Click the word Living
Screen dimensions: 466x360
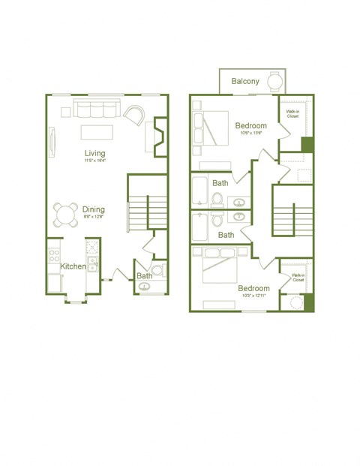click(x=94, y=153)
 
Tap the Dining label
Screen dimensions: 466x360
click(x=94, y=209)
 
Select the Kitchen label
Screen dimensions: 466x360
click(x=73, y=266)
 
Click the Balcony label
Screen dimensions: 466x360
click(x=245, y=81)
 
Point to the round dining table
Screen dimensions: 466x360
click(x=65, y=215)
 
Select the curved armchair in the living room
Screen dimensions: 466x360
click(x=136, y=115)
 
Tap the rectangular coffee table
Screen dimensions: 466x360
click(x=97, y=132)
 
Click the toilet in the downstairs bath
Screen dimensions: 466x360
click(x=157, y=271)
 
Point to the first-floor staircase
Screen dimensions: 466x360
click(x=147, y=212)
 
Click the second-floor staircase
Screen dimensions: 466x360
click(x=292, y=218)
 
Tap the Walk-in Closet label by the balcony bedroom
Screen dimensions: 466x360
click(x=292, y=114)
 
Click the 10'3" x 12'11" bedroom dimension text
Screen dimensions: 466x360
click(x=254, y=296)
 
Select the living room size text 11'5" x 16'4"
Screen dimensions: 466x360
click(x=94, y=161)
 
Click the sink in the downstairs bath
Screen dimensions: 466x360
click(x=143, y=285)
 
